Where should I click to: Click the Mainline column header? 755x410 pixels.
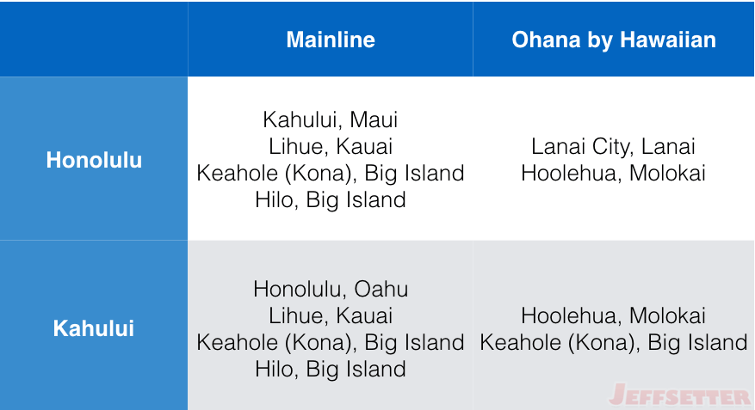click(x=331, y=40)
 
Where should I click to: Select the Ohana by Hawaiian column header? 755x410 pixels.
click(x=614, y=40)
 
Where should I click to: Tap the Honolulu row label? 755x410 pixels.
click(x=94, y=160)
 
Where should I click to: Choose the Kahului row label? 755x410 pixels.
click(x=94, y=328)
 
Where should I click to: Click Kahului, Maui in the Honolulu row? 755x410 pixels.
click(x=331, y=119)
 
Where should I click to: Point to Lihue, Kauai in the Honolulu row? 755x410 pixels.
click(x=331, y=147)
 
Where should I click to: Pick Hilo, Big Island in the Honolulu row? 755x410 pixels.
click(x=331, y=200)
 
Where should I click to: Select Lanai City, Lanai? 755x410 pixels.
click(x=614, y=147)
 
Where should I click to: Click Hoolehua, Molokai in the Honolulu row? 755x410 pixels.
click(x=614, y=173)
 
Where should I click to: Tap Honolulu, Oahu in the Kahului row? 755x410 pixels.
click(x=331, y=289)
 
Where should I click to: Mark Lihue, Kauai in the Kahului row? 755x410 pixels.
click(x=331, y=315)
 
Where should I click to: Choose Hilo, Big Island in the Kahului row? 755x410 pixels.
click(x=331, y=369)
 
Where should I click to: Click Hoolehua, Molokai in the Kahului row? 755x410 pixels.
click(x=614, y=315)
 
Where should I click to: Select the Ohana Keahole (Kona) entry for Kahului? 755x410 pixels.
click(x=614, y=343)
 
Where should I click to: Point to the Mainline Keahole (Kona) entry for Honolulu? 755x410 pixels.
click(x=331, y=174)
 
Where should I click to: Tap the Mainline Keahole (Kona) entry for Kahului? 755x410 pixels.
click(x=331, y=343)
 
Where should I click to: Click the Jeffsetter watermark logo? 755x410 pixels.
click(x=680, y=395)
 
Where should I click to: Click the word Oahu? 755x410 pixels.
click(x=381, y=289)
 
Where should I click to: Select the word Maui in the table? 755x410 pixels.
click(x=374, y=119)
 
